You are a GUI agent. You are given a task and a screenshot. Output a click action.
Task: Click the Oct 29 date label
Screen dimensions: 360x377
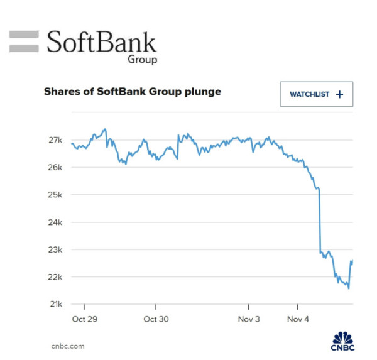[84, 319]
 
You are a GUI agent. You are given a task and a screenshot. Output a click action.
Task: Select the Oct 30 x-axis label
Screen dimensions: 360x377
[156, 319]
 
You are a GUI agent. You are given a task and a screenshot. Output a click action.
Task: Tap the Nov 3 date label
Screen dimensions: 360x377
[249, 319]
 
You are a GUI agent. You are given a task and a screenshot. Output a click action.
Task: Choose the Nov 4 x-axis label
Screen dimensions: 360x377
[297, 319]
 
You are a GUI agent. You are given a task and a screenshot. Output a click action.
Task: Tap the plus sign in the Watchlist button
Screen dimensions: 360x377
[340, 94]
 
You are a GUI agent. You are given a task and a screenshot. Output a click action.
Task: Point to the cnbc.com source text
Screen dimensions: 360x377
[67, 346]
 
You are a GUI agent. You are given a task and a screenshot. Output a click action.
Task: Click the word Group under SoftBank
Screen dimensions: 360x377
[142, 60]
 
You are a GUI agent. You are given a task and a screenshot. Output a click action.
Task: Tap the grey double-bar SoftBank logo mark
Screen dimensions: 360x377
[25, 41]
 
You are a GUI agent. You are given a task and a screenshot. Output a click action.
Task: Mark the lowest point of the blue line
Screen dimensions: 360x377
[348, 288]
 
